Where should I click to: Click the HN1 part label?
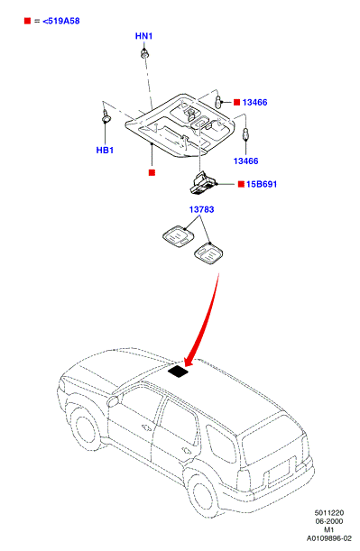[x=143, y=36]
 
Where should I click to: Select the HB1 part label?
[x=105, y=150]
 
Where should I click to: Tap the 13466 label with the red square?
[x=254, y=102]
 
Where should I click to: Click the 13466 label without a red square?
[x=245, y=161]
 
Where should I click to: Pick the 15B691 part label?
[x=262, y=184]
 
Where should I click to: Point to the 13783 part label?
[x=201, y=209]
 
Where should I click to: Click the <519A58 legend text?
[x=61, y=21]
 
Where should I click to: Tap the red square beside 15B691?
[x=241, y=184]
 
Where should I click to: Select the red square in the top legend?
[x=27, y=21]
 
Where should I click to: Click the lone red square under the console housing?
[x=152, y=172]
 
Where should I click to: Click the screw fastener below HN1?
[x=144, y=54]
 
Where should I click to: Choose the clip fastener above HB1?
[x=106, y=118]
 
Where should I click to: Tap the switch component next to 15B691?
[x=203, y=182]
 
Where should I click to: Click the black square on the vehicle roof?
[x=178, y=372]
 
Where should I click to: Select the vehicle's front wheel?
[x=86, y=433]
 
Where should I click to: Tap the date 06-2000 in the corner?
[x=329, y=521]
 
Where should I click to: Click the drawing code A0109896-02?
[x=329, y=538]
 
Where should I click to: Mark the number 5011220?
[x=329, y=513]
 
